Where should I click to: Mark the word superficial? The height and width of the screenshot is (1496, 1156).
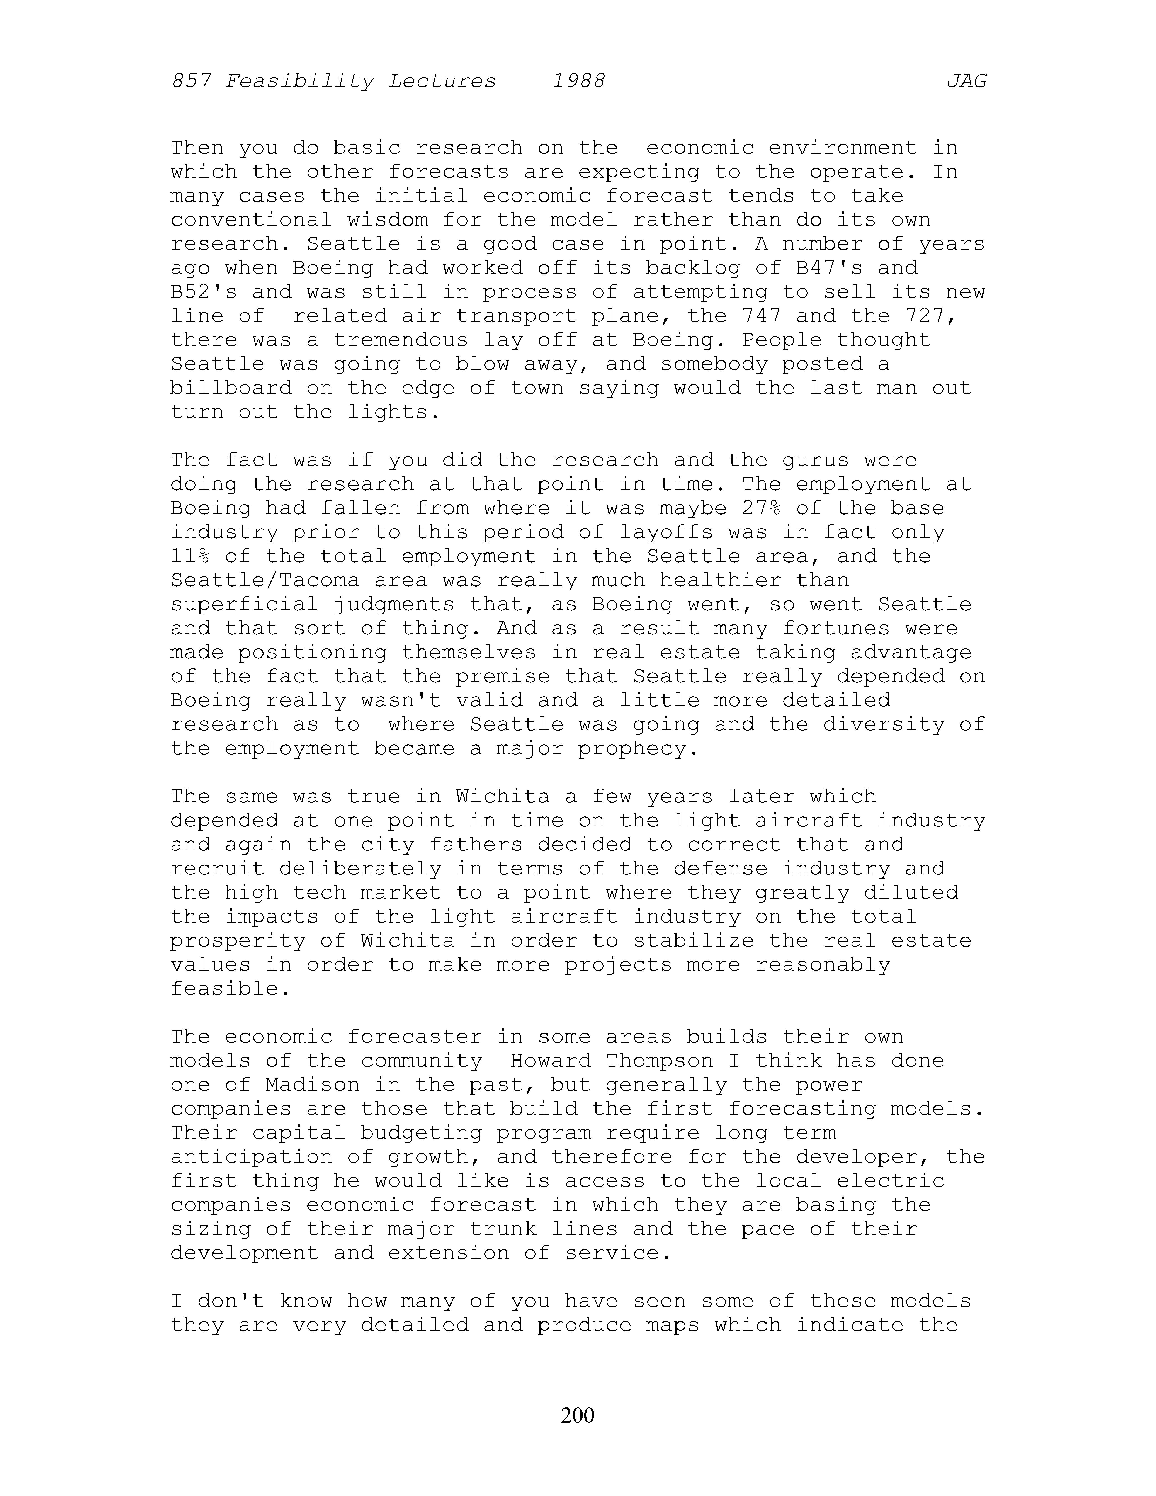click(x=245, y=604)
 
